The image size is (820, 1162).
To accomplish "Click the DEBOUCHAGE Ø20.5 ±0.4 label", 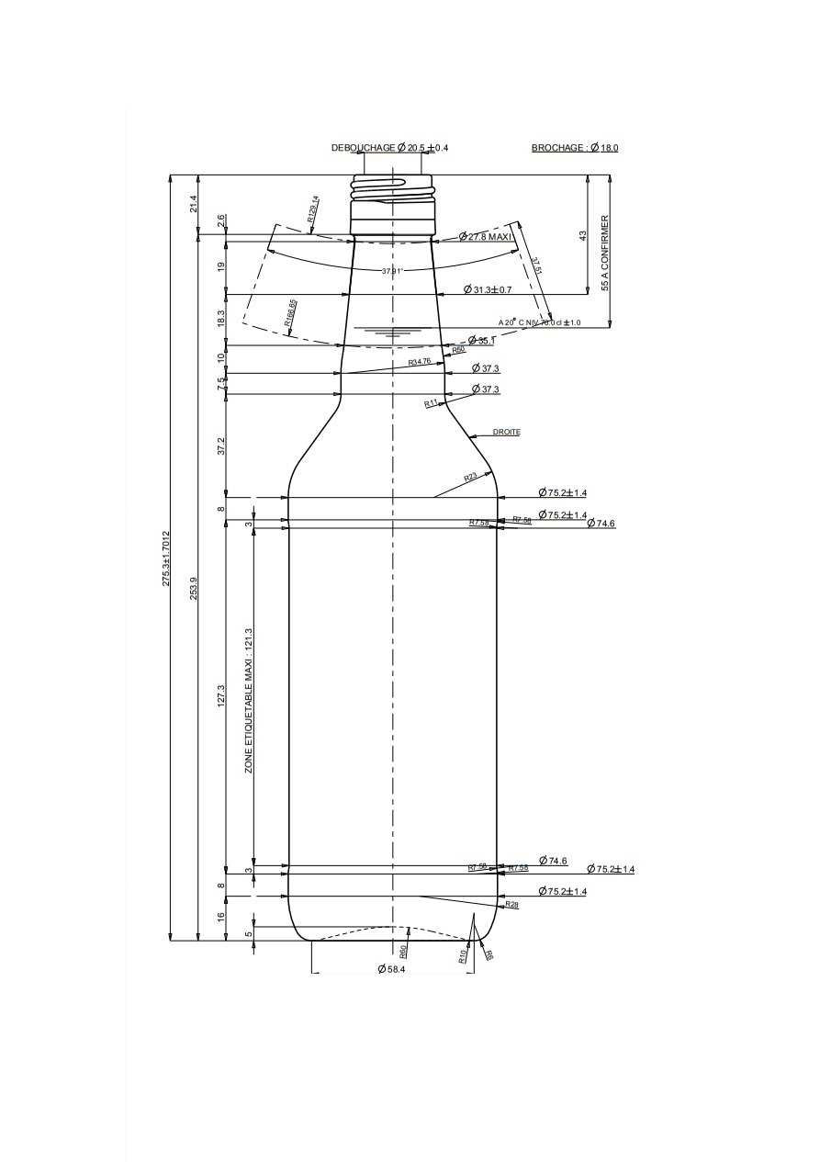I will (389, 148).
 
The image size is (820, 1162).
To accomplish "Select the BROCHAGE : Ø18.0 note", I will (575, 148).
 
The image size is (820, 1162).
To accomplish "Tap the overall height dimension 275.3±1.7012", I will (166, 558).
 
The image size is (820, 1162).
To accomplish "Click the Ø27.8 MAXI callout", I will (489, 237).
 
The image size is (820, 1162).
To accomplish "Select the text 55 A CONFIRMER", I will (605, 254).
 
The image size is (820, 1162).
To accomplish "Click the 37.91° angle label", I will (392, 271).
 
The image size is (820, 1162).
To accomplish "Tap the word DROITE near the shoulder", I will (506, 432).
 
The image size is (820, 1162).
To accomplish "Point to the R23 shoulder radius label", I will (470, 477).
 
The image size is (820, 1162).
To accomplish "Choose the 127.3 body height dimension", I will (220, 696).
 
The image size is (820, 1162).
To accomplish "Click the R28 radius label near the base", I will (511, 905).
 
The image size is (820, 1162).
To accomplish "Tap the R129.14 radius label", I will (312, 209).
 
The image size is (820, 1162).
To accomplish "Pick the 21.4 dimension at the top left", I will (194, 204).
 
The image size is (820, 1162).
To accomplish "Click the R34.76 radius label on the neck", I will (420, 362).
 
